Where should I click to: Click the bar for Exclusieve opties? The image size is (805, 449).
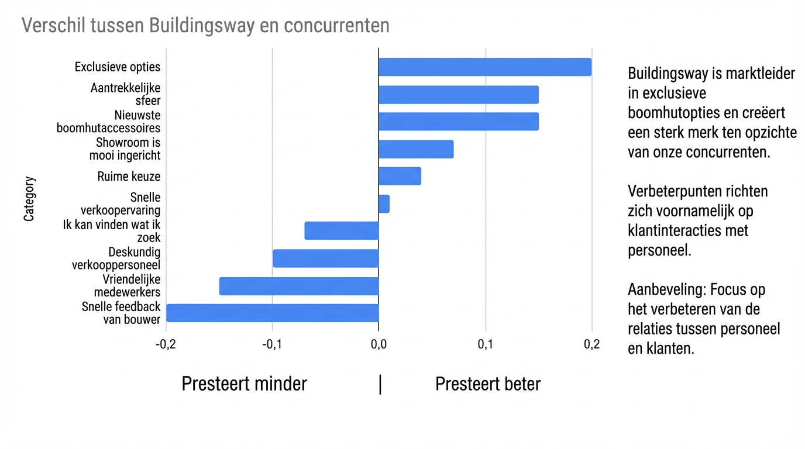coord(485,67)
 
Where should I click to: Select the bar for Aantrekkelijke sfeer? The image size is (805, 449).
coord(459,95)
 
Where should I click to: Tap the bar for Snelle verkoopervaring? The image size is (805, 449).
coord(384,204)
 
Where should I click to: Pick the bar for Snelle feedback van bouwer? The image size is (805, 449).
coord(273,313)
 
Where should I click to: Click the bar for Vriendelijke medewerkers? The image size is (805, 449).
coord(299,286)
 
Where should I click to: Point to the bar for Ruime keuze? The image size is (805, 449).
coord(400,176)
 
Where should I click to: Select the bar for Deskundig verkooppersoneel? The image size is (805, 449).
coord(326,258)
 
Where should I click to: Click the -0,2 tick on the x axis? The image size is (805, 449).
coord(166,344)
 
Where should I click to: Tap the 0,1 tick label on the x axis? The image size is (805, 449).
coord(486,344)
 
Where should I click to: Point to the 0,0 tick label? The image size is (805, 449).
coord(379,344)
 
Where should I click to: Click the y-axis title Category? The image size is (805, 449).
coord(29,199)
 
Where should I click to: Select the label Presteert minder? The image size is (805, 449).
coord(244,384)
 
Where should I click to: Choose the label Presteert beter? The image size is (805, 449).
coord(488,384)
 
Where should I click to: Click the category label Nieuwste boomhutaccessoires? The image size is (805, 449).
coord(109,122)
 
